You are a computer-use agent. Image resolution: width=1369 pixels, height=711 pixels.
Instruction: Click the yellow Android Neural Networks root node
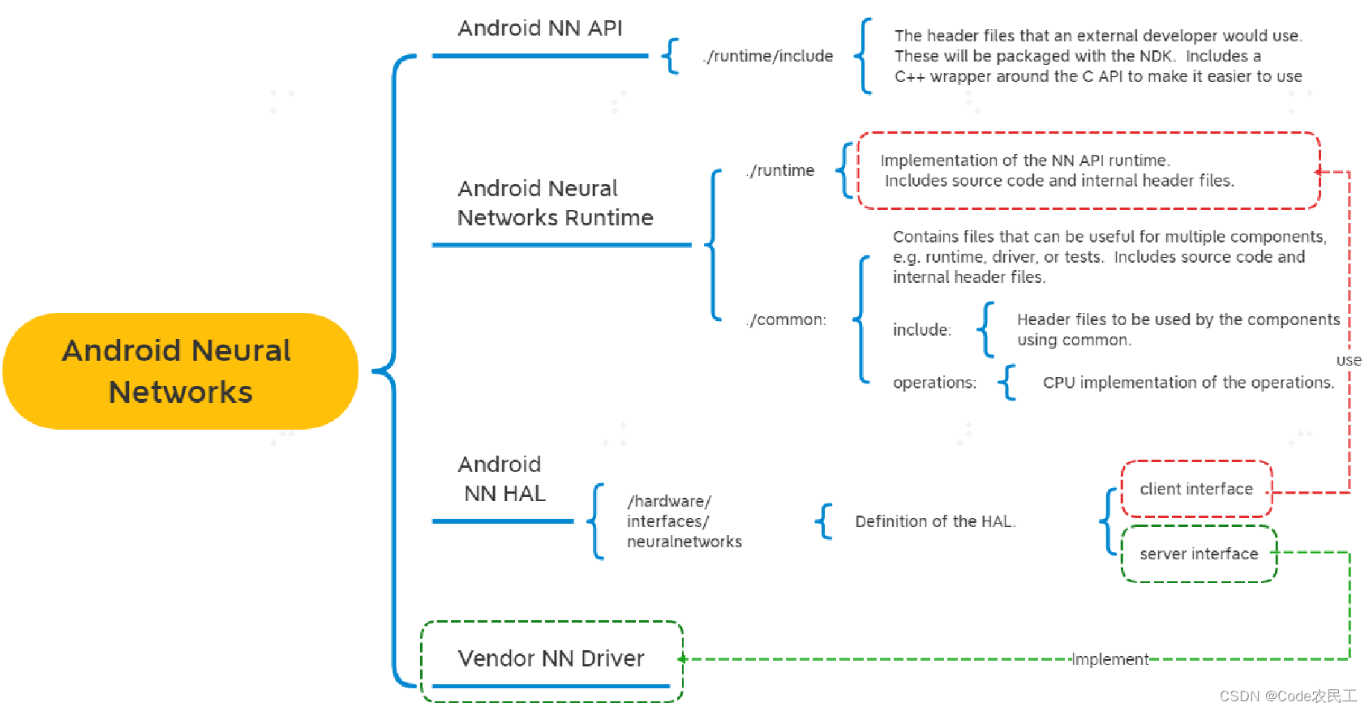[180, 371]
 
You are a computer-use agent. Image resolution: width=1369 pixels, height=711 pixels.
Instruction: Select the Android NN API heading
[540, 28]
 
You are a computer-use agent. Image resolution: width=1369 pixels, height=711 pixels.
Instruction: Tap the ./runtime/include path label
[768, 56]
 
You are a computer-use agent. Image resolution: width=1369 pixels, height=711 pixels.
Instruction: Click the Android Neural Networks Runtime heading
[555, 203]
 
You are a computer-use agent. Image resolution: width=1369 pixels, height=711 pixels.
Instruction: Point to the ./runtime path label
[780, 170]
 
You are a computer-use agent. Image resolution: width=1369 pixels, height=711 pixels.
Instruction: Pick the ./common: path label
[786, 319]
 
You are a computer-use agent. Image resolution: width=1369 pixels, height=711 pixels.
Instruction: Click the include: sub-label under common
[922, 329]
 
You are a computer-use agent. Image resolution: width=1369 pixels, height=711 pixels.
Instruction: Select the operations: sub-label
[934, 383]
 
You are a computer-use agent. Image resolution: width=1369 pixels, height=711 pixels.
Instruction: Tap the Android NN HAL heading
[502, 478]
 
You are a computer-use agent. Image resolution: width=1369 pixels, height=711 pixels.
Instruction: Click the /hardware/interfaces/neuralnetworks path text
[683, 521]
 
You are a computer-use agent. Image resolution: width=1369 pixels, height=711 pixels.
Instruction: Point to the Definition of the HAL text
[935, 521]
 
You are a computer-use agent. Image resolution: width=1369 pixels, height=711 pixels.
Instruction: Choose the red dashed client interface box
[1196, 489]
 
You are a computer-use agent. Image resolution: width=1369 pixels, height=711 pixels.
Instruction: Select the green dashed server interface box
[1199, 554]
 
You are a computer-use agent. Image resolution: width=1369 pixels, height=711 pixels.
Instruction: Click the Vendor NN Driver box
[551, 658]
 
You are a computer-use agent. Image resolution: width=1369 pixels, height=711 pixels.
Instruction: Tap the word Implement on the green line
[1110, 659]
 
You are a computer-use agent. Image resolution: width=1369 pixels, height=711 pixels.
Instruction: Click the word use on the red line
[1349, 360]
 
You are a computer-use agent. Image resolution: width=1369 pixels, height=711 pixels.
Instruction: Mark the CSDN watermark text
[1288, 696]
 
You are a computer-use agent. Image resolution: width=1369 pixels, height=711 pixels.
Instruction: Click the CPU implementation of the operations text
[1188, 383]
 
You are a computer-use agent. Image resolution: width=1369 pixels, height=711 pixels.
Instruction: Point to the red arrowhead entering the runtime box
[1318, 172]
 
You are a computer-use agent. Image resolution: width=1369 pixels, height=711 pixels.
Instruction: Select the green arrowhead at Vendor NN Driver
[682, 659]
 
